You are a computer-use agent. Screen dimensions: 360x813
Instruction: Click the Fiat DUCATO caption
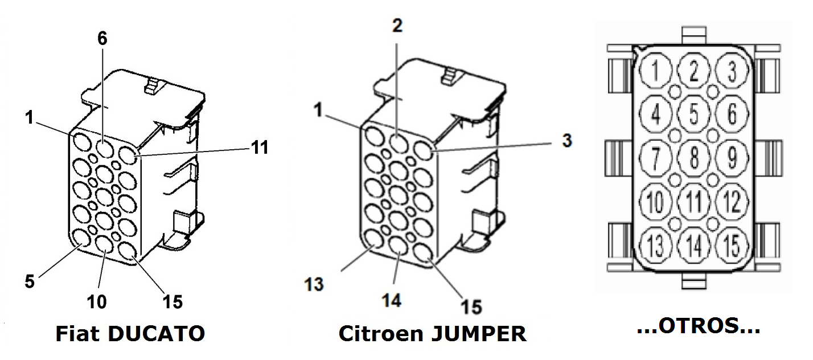(x=130, y=334)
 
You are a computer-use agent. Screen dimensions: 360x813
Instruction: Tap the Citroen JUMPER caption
(x=432, y=334)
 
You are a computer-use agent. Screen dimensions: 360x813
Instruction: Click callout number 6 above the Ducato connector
(x=102, y=38)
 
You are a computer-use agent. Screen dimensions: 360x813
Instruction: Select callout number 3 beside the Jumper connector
(x=566, y=141)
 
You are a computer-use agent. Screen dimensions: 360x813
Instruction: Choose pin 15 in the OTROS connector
(x=732, y=246)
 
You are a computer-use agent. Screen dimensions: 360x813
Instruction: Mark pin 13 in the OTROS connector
(x=656, y=246)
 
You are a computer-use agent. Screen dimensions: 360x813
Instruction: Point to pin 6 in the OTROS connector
(x=732, y=114)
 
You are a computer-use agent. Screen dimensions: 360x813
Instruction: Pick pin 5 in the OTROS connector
(x=693, y=114)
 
